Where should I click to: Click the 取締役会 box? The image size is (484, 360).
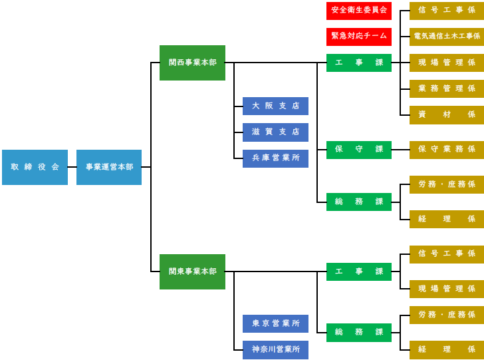(35, 167)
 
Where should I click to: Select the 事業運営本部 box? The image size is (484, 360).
(109, 167)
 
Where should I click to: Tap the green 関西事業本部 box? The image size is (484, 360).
(192, 63)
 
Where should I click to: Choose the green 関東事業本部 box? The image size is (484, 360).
(192, 271)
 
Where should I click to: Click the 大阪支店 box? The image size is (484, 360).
(275, 106)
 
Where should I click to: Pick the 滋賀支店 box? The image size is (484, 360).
(275, 132)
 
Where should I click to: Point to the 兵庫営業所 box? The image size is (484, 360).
(275, 158)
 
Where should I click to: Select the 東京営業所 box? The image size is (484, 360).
(275, 323)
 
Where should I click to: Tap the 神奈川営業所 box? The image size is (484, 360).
(275, 349)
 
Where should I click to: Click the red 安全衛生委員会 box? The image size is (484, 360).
(359, 11)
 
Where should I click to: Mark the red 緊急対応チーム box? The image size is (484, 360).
(359, 37)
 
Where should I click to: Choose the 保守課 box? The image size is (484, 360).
(359, 150)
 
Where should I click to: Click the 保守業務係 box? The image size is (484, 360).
(446, 150)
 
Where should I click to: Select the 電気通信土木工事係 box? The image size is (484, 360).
(446, 37)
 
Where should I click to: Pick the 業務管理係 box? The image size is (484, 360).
(446, 89)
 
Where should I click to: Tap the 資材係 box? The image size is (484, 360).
(446, 114)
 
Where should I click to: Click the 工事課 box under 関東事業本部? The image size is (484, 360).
(359, 271)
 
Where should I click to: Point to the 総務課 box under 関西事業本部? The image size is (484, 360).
(359, 202)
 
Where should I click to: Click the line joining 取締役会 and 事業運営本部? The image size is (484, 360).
(72, 167)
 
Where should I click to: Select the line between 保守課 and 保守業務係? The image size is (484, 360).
(400, 150)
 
